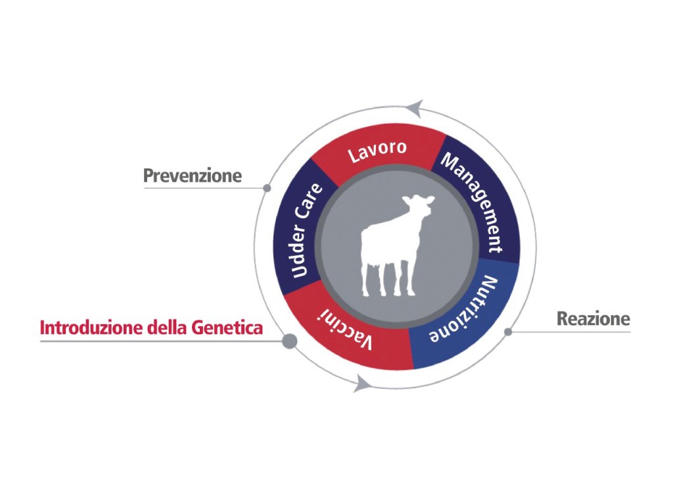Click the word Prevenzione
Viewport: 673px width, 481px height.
click(x=193, y=176)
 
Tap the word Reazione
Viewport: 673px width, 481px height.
click(x=593, y=319)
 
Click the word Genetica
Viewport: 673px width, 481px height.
click(x=227, y=328)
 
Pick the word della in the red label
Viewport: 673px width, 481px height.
click(x=167, y=328)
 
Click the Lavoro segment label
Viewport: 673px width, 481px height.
click(x=377, y=151)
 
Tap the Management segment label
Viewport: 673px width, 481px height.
click(x=473, y=202)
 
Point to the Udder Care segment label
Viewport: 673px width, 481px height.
click(x=306, y=230)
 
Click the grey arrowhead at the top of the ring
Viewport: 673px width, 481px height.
click(x=415, y=108)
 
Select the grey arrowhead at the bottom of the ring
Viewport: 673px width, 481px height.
click(x=363, y=383)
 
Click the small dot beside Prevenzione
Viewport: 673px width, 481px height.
click(x=267, y=188)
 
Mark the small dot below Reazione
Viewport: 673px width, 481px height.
click(x=508, y=332)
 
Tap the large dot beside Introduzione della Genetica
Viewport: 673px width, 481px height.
click(x=290, y=342)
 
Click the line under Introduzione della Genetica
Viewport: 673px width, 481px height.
click(x=161, y=342)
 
